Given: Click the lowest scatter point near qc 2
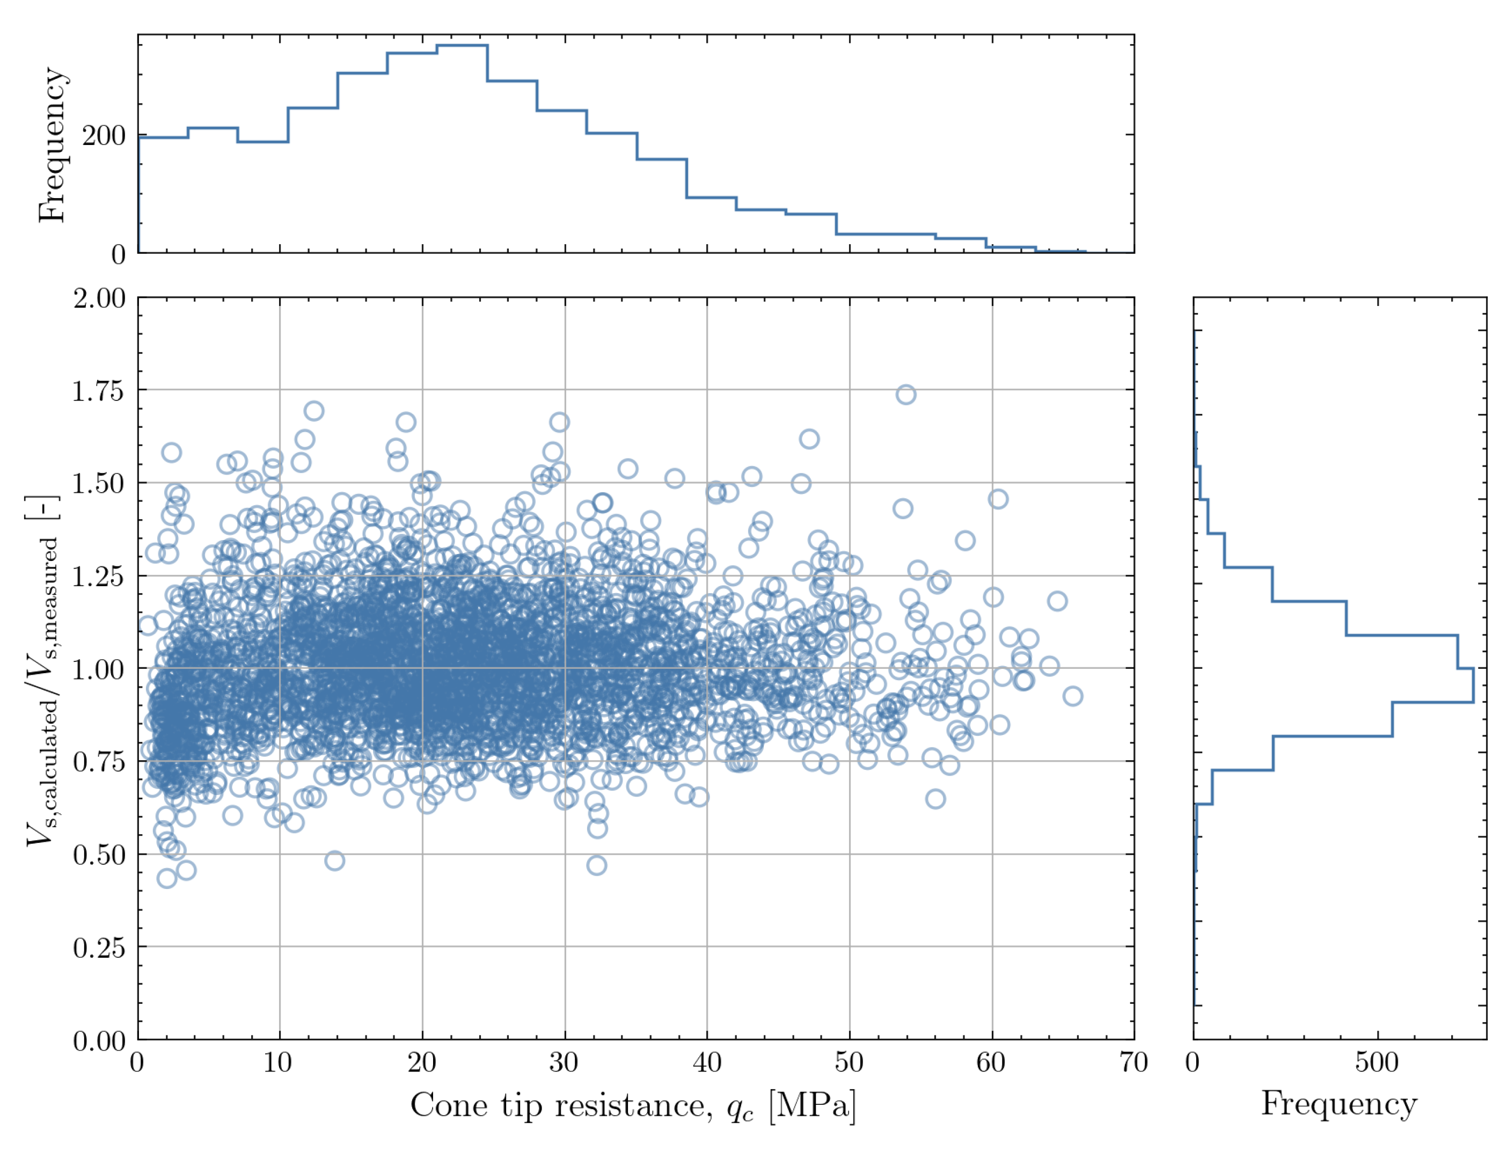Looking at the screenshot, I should tap(166, 878).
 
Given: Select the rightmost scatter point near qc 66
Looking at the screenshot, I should tap(1072, 696).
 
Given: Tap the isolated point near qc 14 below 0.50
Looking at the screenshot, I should tap(334, 861).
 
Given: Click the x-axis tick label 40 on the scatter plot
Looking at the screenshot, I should tap(707, 1063).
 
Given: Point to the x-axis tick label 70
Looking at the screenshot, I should tap(1133, 1063).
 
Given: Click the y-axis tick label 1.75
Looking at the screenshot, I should tap(99, 391).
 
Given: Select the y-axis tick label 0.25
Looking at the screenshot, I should tap(99, 947).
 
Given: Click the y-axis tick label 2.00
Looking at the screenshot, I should tap(99, 298).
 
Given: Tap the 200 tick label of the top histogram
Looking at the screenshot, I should tap(104, 136).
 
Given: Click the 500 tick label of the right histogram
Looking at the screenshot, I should tap(1376, 1063).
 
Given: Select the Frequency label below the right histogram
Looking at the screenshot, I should tap(1338, 1104).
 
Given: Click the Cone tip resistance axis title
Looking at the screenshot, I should tap(633, 1106).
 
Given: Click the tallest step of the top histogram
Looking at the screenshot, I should tap(462, 45).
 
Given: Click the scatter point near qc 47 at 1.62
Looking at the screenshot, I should tap(809, 439).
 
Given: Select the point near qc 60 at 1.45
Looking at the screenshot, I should tap(998, 499).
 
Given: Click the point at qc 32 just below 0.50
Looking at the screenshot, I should tap(596, 865).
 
